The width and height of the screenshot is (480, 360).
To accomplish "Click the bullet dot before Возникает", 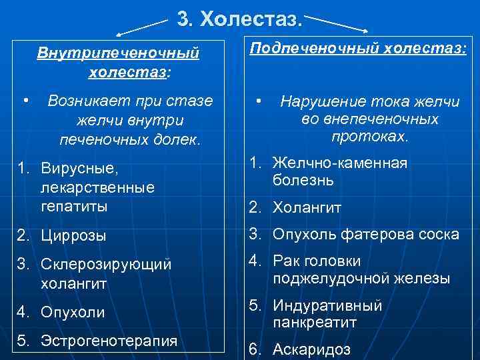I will tap(25, 101).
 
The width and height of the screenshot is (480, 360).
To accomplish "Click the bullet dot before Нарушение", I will tap(260, 101).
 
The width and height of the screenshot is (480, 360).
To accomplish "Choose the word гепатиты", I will tap(74, 207).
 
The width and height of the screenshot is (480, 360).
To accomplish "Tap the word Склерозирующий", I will tap(106, 265).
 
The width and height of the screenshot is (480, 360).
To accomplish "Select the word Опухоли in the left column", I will tap(73, 311).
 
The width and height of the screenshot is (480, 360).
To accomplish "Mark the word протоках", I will tap(369, 137).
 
